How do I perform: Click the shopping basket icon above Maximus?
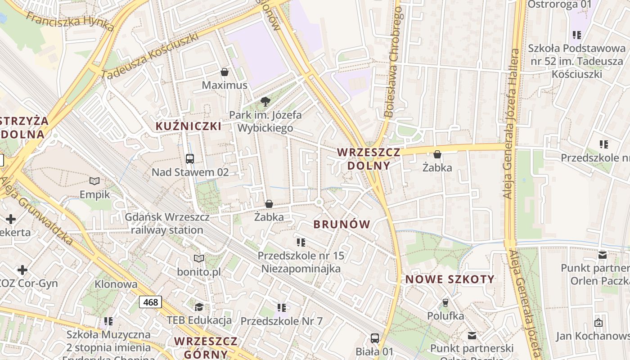(224, 72)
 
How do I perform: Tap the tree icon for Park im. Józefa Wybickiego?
(265, 101)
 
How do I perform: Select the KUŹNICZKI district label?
(189, 126)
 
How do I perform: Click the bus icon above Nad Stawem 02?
(190, 159)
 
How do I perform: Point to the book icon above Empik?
(94, 181)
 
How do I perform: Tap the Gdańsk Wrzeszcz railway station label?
(167, 224)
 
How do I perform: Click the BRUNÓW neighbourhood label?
(342, 224)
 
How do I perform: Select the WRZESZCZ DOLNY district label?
(369, 159)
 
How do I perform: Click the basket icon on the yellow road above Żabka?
(437, 155)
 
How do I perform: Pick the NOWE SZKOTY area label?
(450, 279)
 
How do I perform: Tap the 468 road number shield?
(150, 302)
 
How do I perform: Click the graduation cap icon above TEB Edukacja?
(199, 307)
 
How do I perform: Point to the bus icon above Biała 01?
(374, 338)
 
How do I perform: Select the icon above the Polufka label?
(445, 303)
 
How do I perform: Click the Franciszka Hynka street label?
(70, 21)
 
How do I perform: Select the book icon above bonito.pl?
(199, 259)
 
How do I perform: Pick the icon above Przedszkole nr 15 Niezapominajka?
(301, 243)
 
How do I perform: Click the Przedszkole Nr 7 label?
(282, 321)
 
